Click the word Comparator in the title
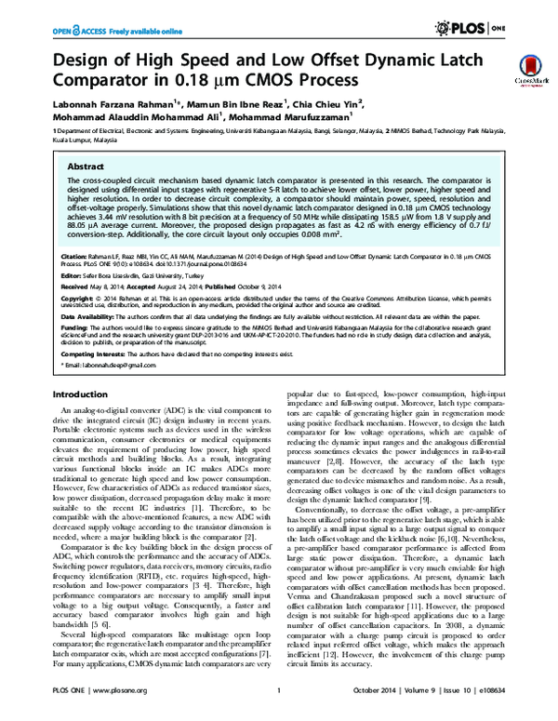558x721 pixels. (110, 79)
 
